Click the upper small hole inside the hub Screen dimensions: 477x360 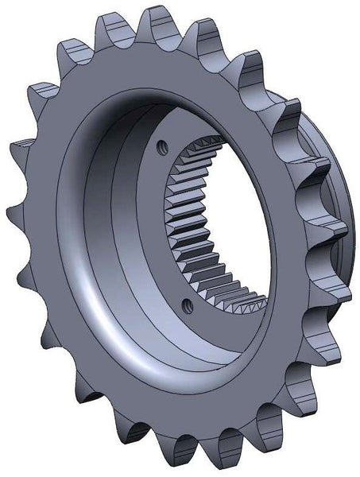tap(164, 146)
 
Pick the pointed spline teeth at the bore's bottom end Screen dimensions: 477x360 tap(238, 301)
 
